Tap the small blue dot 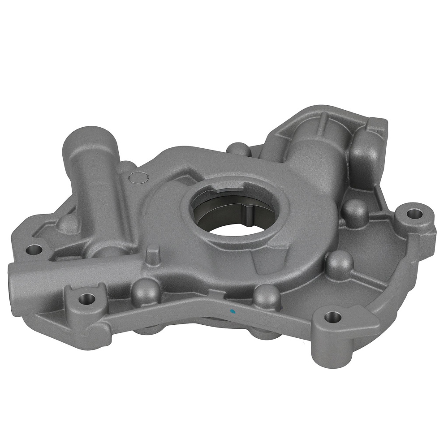[231, 310]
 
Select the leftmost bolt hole [34, 249]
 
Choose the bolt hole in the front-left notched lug [86, 298]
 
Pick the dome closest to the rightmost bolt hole [355, 211]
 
